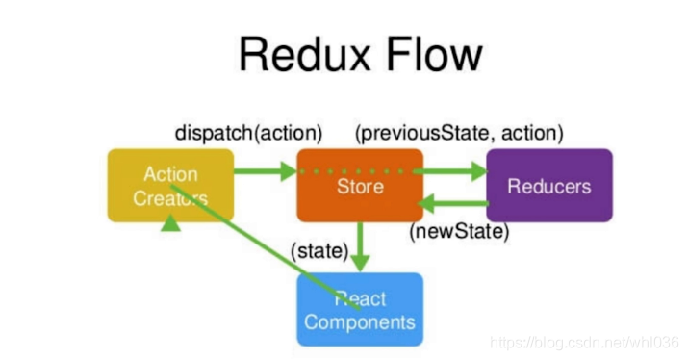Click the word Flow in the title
click(x=430, y=54)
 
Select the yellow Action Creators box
click(x=170, y=186)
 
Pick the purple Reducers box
click(x=548, y=186)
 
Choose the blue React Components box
click(x=359, y=309)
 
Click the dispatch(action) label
click(x=248, y=132)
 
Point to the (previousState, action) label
click(x=459, y=132)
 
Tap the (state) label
click(x=318, y=251)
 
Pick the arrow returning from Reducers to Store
click(x=452, y=203)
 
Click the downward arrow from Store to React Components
click(x=360, y=246)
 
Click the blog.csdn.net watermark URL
click(x=582, y=342)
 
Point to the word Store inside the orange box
click(x=359, y=186)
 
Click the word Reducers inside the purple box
click(x=548, y=186)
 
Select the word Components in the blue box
click(x=359, y=321)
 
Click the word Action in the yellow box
click(x=170, y=174)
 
